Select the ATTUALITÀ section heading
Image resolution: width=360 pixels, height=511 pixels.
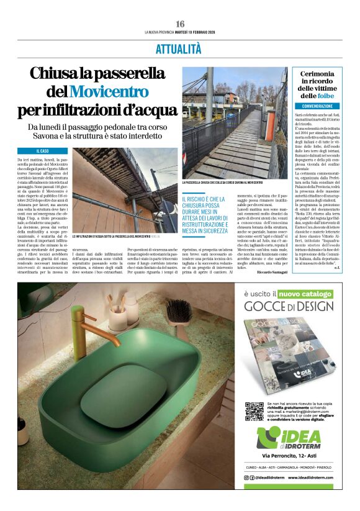pyautogui.click(x=179, y=49)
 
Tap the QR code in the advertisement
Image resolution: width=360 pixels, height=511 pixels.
pyautogui.click(x=254, y=411)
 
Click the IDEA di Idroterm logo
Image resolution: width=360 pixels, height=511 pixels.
pyautogui.click(x=289, y=438)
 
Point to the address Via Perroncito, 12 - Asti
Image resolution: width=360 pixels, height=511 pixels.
pyautogui.click(x=289, y=456)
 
